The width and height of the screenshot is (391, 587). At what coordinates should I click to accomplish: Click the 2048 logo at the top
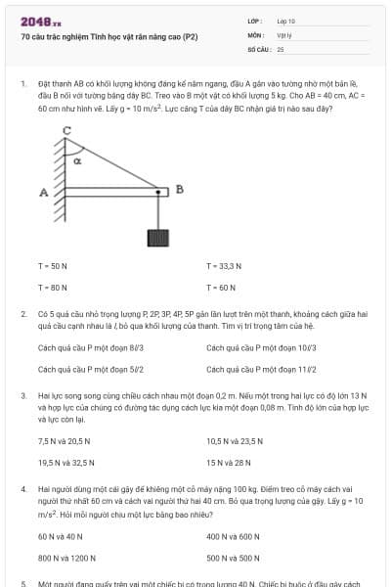click(x=38, y=21)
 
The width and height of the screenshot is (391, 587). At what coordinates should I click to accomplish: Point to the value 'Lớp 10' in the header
click(x=286, y=21)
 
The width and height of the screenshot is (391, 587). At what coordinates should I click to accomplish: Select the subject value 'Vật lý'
click(x=284, y=34)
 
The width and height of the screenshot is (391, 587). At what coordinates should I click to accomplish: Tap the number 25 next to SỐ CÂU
click(x=281, y=48)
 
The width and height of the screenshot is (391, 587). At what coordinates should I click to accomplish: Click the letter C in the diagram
click(x=67, y=131)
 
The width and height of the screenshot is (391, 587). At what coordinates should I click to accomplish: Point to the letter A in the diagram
click(x=43, y=193)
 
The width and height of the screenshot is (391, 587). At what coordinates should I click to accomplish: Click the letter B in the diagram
click(x=179, y=189)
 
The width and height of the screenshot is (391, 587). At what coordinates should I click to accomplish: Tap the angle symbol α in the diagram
click(x=77, y=159)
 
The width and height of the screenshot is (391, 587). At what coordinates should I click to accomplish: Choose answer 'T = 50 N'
click(x=53, y=267)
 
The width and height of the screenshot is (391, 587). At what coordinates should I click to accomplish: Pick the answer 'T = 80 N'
click(x=53, y=288)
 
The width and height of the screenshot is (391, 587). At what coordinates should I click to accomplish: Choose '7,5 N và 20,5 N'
click(x=65, y=441)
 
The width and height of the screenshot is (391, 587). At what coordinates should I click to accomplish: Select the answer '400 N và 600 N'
click(x=233, y=536)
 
